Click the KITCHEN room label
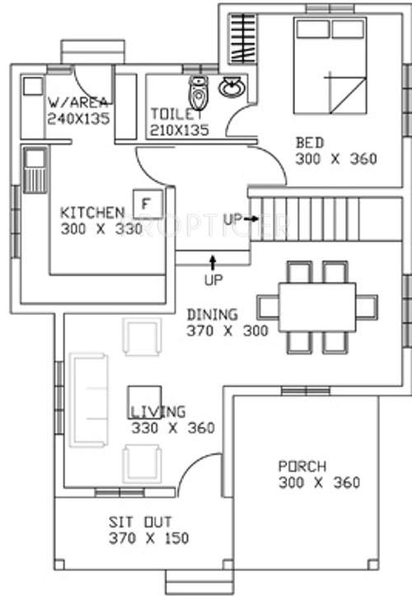(x=91, y=213)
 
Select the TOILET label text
(x=176, y=114)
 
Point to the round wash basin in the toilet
(x=232, y=86)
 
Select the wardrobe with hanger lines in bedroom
(x=240, y=38)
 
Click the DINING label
(x=213, y=314)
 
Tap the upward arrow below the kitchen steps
(x=213, y=264)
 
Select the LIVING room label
(x=158, y=411)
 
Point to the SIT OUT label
(x=138, y=522)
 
